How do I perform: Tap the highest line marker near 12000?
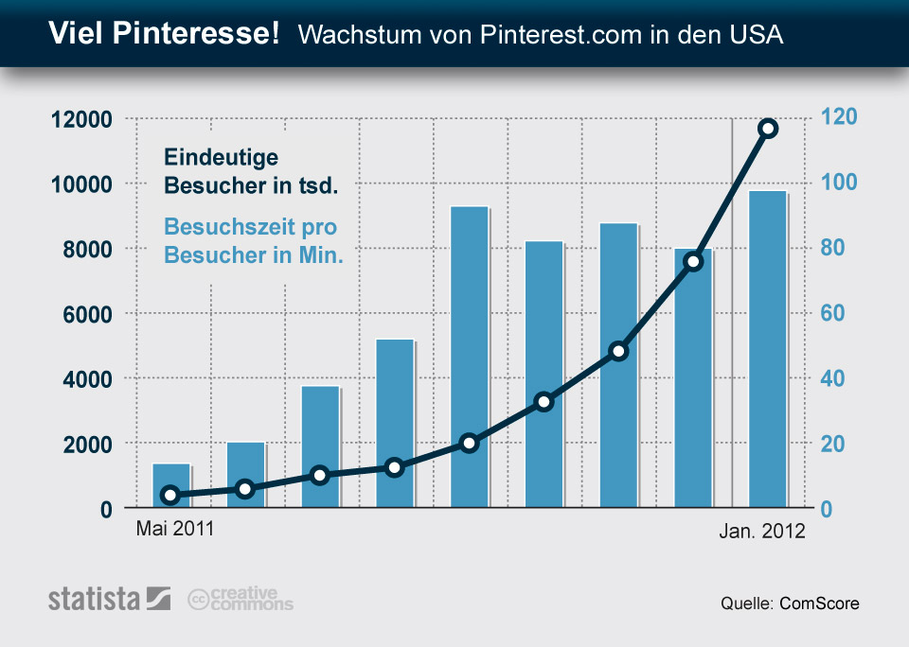pos(768,129)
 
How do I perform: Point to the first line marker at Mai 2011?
pos(170,495)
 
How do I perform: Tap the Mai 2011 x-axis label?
pos(175,529)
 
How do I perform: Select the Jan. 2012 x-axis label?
pos(760,532)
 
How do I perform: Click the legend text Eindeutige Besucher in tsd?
pos(250,171)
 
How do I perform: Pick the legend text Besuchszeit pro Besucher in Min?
pos(253,241)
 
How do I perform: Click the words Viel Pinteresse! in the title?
pos(164,35)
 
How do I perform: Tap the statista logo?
pos(109,599)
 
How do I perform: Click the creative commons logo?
pos(241,599)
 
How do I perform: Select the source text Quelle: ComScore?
pos(790,603)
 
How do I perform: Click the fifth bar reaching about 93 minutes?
pos(470,358)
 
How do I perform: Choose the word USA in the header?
pos(757,36)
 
